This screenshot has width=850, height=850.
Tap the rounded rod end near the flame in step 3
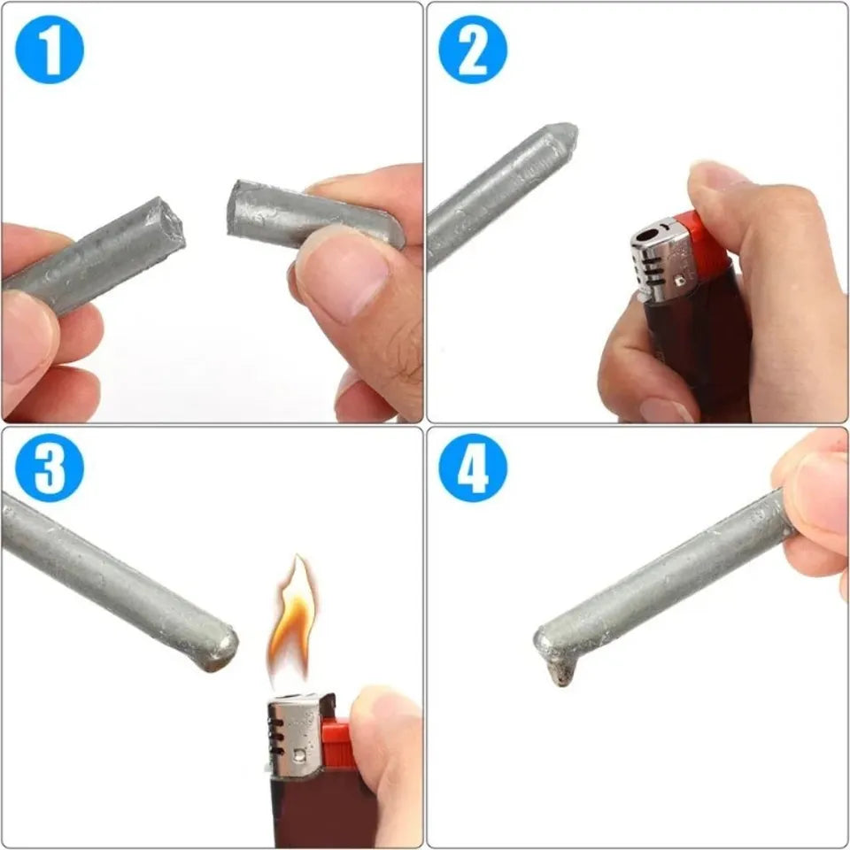(x=221, y=646)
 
